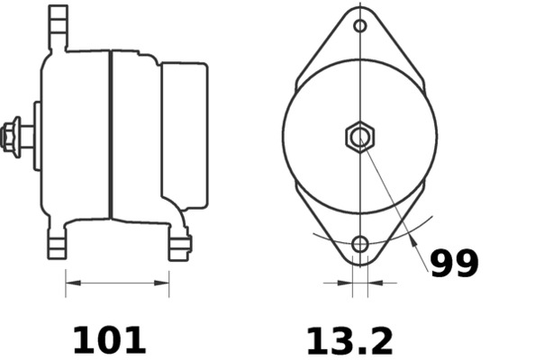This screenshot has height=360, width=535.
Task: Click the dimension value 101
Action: pos(108,340)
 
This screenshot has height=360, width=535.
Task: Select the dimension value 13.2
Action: pos(349,340)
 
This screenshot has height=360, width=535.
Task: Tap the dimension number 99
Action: pos(454,264)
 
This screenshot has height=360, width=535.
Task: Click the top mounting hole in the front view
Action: pos(360,26)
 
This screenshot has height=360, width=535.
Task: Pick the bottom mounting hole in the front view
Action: pos(360,244)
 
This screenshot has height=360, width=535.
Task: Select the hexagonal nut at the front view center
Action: pos(360,137)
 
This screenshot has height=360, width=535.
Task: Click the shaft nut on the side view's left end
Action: pos(12,136)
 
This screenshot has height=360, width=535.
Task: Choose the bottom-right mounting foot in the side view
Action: pos(179,245)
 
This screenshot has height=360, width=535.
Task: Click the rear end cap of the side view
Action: pos(185,135)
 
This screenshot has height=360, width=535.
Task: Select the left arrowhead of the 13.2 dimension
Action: pos(346,283)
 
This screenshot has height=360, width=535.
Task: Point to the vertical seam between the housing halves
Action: pos(111,135)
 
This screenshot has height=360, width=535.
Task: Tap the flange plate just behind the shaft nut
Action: pos(37,136)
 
